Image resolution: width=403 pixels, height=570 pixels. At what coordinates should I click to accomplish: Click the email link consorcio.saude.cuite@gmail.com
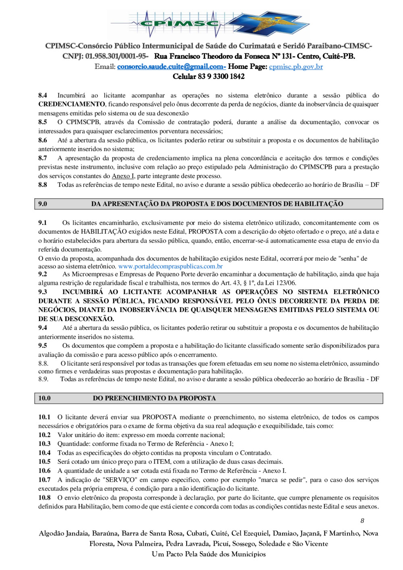coord(171,67)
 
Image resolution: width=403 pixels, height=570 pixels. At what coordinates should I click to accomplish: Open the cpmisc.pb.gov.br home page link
coord(296,67)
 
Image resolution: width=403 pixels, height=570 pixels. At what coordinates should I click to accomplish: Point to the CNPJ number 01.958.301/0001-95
coord(116,56)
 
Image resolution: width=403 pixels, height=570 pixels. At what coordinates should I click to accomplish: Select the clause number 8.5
coord(43,122)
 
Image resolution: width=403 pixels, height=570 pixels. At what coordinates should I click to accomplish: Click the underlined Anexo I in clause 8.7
coord(123,176)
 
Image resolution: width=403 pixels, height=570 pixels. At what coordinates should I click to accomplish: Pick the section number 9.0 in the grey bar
coord(43,204)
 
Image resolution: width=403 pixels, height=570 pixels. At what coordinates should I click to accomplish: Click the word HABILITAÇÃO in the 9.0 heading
coord(319,204)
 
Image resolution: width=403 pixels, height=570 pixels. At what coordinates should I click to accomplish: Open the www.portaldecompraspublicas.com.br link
coord(170,267)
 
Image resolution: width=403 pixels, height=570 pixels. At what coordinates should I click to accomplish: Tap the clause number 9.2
coord(43,274)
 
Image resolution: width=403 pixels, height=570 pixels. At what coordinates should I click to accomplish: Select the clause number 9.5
coord(43,346)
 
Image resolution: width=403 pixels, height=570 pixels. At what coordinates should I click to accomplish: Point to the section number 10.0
coord(44,398)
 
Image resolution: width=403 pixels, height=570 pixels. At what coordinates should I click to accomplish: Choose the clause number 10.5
coord(44,462)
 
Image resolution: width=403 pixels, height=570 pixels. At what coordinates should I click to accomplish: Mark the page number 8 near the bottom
coord(362,521)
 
